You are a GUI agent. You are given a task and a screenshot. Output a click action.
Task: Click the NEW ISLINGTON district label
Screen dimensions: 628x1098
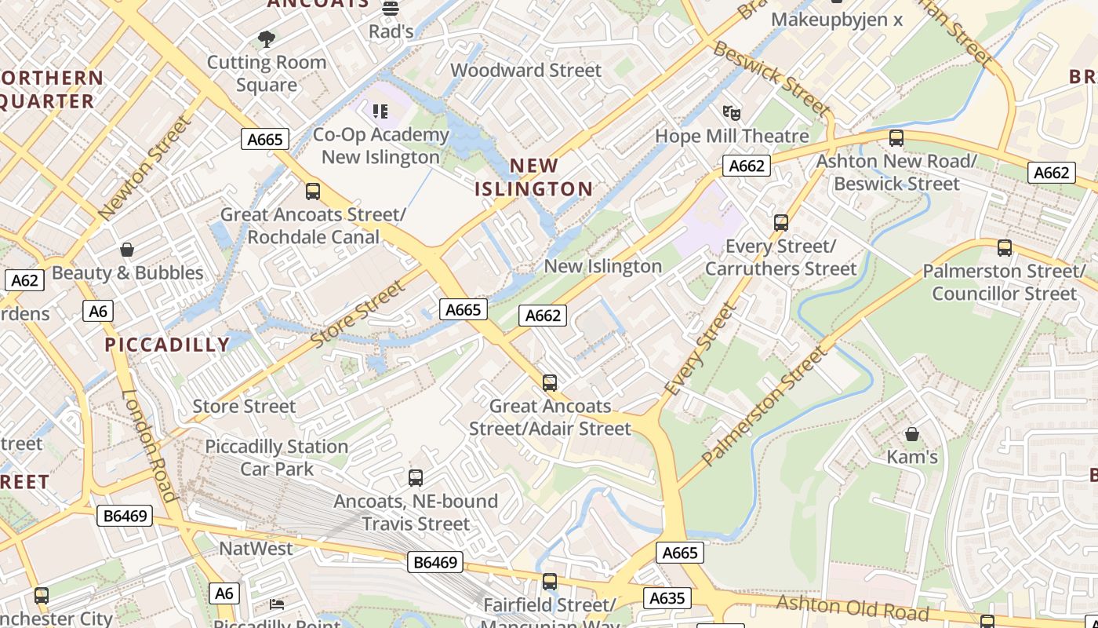coord(533,177)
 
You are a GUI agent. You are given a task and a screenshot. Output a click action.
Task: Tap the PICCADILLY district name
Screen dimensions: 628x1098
coord(167,345)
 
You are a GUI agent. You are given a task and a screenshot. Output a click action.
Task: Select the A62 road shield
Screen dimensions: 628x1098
coord(24,280)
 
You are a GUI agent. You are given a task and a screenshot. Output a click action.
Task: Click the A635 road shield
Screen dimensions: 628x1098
coord(667,598)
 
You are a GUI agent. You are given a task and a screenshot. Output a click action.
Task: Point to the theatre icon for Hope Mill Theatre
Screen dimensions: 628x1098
coord(731,112)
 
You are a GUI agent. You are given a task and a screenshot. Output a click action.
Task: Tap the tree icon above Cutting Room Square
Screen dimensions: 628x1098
coord(267,38)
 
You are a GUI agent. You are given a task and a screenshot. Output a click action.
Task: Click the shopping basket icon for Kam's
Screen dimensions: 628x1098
coord(912,433)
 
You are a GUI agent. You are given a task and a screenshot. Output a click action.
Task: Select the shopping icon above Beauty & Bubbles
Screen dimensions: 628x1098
coord(127,250)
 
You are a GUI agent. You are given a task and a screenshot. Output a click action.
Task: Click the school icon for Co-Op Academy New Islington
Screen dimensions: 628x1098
coord(380,111)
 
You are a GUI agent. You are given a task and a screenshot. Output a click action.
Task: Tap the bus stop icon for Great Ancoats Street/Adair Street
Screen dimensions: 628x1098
coord(550,383)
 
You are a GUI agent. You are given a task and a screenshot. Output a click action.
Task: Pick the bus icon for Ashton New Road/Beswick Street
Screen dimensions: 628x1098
coord(896,138)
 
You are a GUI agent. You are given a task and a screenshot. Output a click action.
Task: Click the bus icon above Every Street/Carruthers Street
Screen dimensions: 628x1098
coord(781,223)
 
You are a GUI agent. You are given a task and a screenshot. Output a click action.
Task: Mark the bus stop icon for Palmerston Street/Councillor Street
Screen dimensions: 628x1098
coord(1005,248)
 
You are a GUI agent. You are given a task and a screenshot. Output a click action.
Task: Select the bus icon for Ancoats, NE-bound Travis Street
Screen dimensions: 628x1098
coord(416,477)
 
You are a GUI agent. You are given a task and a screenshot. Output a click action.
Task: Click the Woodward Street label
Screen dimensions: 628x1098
coord(525,71)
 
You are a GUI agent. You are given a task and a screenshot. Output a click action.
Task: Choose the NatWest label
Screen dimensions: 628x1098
coord(256,549)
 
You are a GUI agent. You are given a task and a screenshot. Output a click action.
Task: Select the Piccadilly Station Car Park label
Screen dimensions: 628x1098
coord(277,458)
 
